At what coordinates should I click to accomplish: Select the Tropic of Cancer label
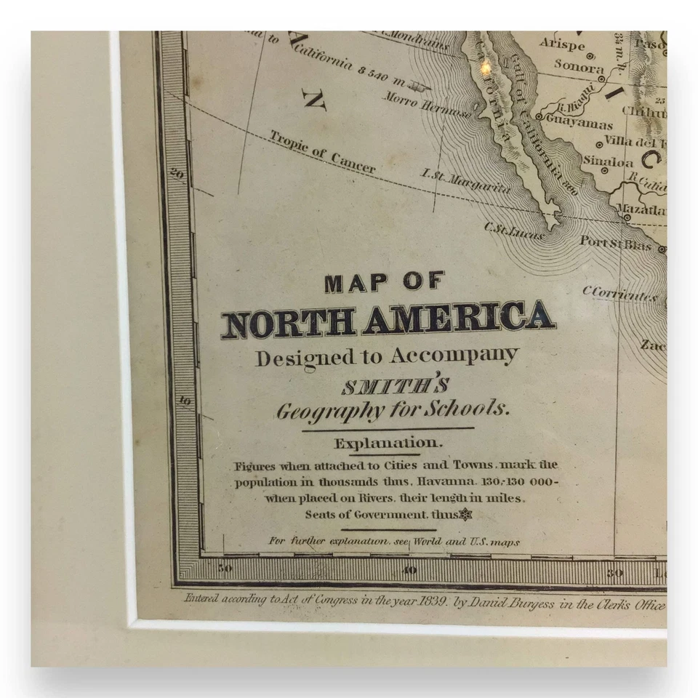coord(322,152)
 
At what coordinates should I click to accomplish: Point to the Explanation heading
coord(386,443)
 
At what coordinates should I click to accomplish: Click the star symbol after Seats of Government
coord(466,515)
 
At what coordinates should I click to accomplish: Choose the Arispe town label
coord(561,43)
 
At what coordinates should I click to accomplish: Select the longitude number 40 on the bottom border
coord(410,570)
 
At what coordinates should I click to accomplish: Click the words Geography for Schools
coord(393,411)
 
